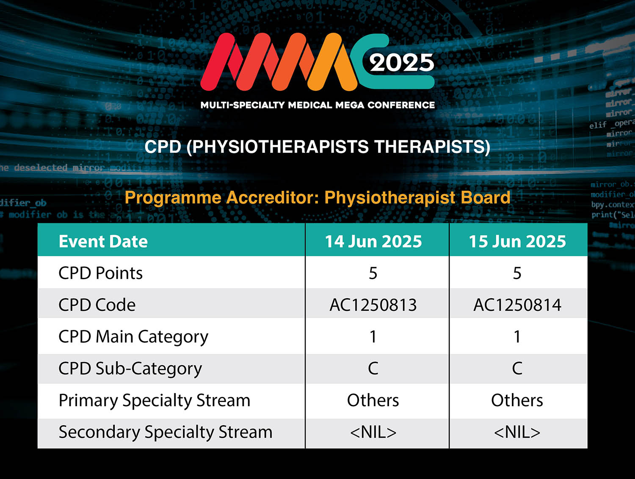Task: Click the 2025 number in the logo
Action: (402, 63)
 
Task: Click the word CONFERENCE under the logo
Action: (401, 105)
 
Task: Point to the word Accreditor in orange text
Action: (272, 198)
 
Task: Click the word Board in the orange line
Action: (485, 198)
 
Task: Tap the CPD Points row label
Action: (100, 273)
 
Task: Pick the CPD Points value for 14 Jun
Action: (373, 273)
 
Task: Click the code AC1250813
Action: (373, 305)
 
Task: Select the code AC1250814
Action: (517, 305)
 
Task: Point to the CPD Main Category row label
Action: (133, 337)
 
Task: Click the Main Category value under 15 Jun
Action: (517, 337)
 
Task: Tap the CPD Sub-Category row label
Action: (130, 369)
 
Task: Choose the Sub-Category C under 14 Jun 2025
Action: (373, 368)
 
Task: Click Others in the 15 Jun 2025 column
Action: (517, 400)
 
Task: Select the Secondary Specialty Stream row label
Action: (166, 432)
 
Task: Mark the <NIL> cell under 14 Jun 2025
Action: (373, 432)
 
